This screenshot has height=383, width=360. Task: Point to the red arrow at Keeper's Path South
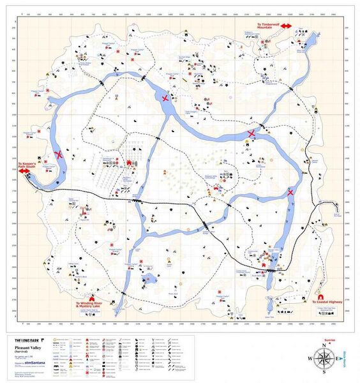pyautogui.click(x=24, y=171)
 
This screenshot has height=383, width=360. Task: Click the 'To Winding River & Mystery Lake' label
pyautogui.click(x=93, y=306)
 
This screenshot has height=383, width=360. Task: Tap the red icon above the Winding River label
pyautogui.click(x=93, y=296)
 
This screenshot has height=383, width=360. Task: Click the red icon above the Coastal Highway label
pyautogui.click(x=319, y=296)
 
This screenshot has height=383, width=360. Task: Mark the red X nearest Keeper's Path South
pyautogui.click(x=59, y=154)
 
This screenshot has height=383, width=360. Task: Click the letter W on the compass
pyautogui.click(x=310, y=359)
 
